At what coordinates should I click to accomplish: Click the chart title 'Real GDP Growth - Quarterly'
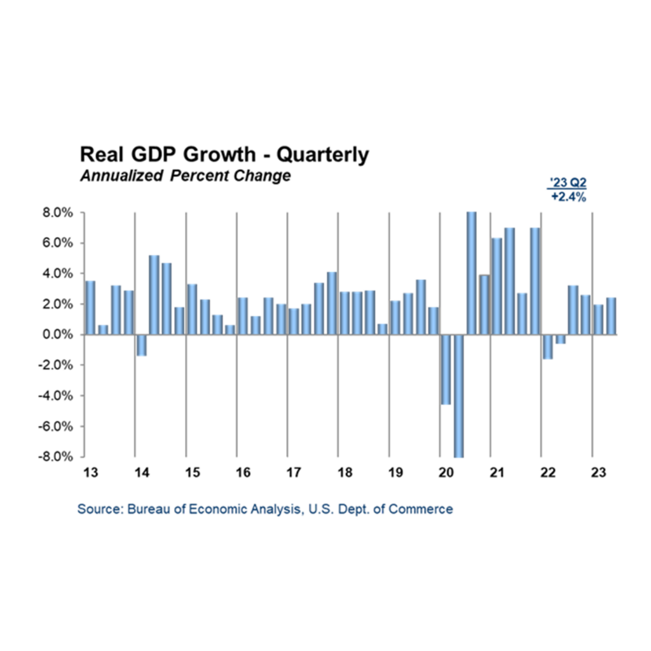tap(223, 155)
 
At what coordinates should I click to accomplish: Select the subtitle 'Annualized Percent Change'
tap(185, 176)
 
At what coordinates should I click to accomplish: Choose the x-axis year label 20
tap(446, 473)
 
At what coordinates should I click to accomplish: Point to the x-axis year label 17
tap(294, 473)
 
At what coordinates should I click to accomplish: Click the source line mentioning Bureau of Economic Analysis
tap(265, 509)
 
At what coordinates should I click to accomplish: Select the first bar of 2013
tap(90, 307)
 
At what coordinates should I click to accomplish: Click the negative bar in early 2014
tap(141, 345)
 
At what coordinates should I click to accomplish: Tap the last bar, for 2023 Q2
tap(611, 316)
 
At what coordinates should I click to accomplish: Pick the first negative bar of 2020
tap(446, 369)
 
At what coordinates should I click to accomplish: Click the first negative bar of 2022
tap(547, 346)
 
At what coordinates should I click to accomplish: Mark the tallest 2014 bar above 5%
tap(154, 294)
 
